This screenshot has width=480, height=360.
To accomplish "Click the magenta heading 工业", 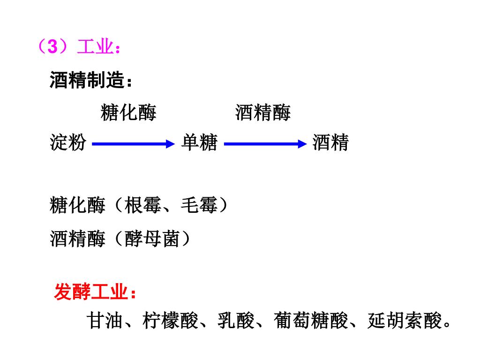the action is click(x=96, y=47).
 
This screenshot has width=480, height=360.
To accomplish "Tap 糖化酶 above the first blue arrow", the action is click(x=128, y=113).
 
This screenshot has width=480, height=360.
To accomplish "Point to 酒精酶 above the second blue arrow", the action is click(x=263, y=113).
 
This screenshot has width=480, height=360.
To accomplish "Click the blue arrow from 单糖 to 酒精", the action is click(x=265, y=144).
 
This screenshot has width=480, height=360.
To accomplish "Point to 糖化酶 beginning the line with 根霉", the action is click(x=78, y=205).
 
